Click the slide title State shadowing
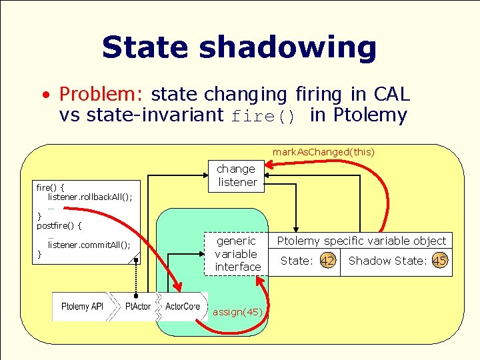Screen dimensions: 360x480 [239, 48]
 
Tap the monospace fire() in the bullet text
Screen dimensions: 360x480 [263, 116]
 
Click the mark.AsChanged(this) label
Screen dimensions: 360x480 [323, 152]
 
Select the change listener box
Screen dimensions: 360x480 [237, 175]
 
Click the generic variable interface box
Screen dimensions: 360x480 [237, 253]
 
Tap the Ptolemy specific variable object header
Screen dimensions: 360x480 [361, 241]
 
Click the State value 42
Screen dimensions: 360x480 [327, 261]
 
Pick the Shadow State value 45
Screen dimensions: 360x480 [439, 261]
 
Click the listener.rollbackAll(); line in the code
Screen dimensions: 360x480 [90, 197]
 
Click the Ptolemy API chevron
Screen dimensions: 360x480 [81, 307]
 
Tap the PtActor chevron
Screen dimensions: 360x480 [138, 307]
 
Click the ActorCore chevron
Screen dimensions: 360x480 [182, 307]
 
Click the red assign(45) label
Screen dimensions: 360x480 [237, 312]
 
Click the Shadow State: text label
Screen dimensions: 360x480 [387, 261]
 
